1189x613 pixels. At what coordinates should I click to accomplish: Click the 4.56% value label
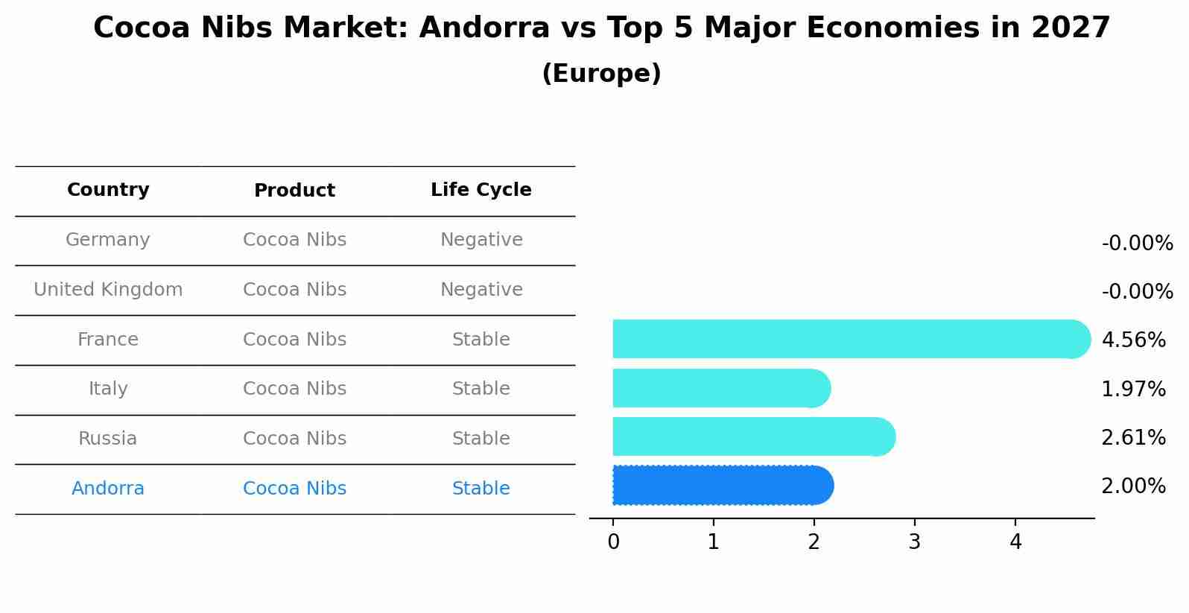(x=1133, y=340)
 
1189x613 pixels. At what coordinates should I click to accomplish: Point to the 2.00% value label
(x=1133, y=486)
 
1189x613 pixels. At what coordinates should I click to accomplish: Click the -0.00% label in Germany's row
(x=1137, y=244)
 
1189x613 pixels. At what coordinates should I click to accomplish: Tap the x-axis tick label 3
(x=914, y=542)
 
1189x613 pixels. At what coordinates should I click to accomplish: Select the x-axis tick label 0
(x=613, y=542)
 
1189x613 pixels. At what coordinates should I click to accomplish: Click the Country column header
(x=108, y=190)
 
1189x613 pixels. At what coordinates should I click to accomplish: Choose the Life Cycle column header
(x=481, y=190)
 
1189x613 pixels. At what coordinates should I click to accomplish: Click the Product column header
(x=294, y=191)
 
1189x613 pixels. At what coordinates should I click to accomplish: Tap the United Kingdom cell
(x=108, y=290)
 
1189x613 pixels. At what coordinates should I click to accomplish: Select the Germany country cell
(x=108, y=240)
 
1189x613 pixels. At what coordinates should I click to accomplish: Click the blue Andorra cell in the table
(x=108, y=489)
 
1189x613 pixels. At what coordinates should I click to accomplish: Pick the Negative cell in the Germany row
(x=481, y=240)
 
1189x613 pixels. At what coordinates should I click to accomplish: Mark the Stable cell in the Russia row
(x=481, y=439)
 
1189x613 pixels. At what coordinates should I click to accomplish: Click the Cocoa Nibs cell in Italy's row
(x=294, y=389)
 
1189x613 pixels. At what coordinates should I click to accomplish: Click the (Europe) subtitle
(x=601, y=74)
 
